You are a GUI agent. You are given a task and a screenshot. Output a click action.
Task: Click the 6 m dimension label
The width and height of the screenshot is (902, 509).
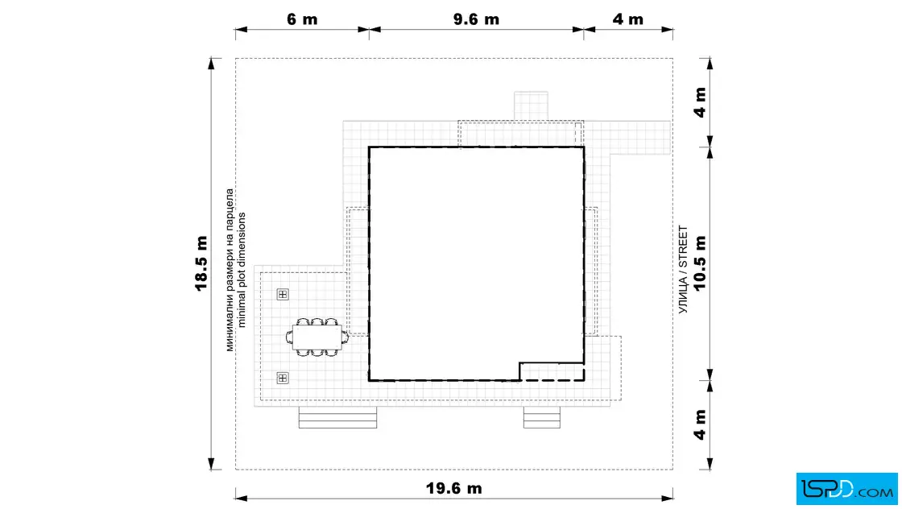[x=302, y=19]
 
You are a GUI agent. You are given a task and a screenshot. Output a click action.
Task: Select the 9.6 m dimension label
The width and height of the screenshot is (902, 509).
[x=476, y=19]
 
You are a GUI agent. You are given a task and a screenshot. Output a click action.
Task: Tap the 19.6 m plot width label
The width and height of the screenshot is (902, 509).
[x=454, y=488]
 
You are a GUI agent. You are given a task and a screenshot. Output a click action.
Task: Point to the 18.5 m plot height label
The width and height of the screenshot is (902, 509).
[x=201, y=263]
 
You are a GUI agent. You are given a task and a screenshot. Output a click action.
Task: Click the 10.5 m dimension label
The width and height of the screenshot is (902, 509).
[x=700, y=263]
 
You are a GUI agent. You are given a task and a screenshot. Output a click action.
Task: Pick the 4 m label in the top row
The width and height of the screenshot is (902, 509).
[x=627, y=19]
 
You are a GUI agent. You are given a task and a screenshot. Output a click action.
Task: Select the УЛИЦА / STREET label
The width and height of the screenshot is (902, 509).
[x=683, y=270]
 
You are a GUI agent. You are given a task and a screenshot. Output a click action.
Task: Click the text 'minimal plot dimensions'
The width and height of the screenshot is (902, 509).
[x=242, y=270]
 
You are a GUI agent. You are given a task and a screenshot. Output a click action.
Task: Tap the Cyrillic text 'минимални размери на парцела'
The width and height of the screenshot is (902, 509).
[x=230, y=270]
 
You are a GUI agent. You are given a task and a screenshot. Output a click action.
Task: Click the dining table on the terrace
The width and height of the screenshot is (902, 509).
[x=317, y=337]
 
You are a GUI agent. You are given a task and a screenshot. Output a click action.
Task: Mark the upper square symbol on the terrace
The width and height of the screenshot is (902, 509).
[x=283, y=295]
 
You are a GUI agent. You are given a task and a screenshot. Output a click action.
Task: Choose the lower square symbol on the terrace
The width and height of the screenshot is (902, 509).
[x=283, y=378]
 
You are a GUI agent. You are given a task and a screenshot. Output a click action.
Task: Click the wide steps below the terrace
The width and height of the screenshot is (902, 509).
[x=337, y=417]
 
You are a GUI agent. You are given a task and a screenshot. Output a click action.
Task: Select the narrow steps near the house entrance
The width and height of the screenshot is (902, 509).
[x=542, y=417]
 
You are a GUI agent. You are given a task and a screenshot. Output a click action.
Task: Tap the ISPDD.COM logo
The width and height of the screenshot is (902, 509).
[x=846, y=489]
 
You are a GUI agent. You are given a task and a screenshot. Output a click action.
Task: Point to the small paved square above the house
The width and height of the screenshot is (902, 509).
[x=531, y=106]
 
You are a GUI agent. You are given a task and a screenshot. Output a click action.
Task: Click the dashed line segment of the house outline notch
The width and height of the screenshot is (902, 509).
[x=552, y=380]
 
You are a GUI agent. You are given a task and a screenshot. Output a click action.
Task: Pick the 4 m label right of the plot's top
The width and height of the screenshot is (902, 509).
[x=700, y=102]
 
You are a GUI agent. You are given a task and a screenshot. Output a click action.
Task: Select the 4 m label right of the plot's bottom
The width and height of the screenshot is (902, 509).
[x=700, y=424]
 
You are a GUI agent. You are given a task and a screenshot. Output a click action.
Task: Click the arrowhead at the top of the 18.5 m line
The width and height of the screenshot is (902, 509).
[x=211, y=64]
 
